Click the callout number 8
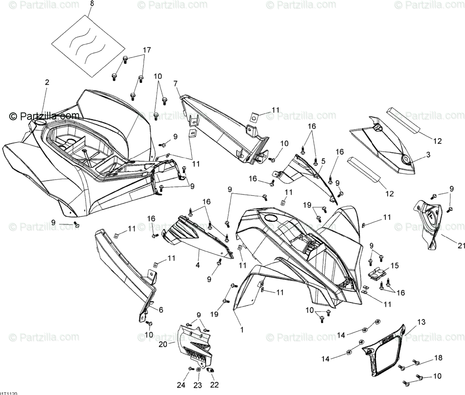[x=92, y=4]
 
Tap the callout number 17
[x=147, y=50]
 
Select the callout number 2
[x=47, y=82]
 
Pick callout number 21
[x=461, y=245]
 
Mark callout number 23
[x=198, y=385]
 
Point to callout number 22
[x=214, y=385]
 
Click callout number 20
[x=163, y=344]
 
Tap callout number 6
[x=160, y=309]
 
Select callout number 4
[x=198, y=265]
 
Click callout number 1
[x=242, y=330]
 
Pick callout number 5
[x=323, y=161]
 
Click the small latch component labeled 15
[x=376, y=272]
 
